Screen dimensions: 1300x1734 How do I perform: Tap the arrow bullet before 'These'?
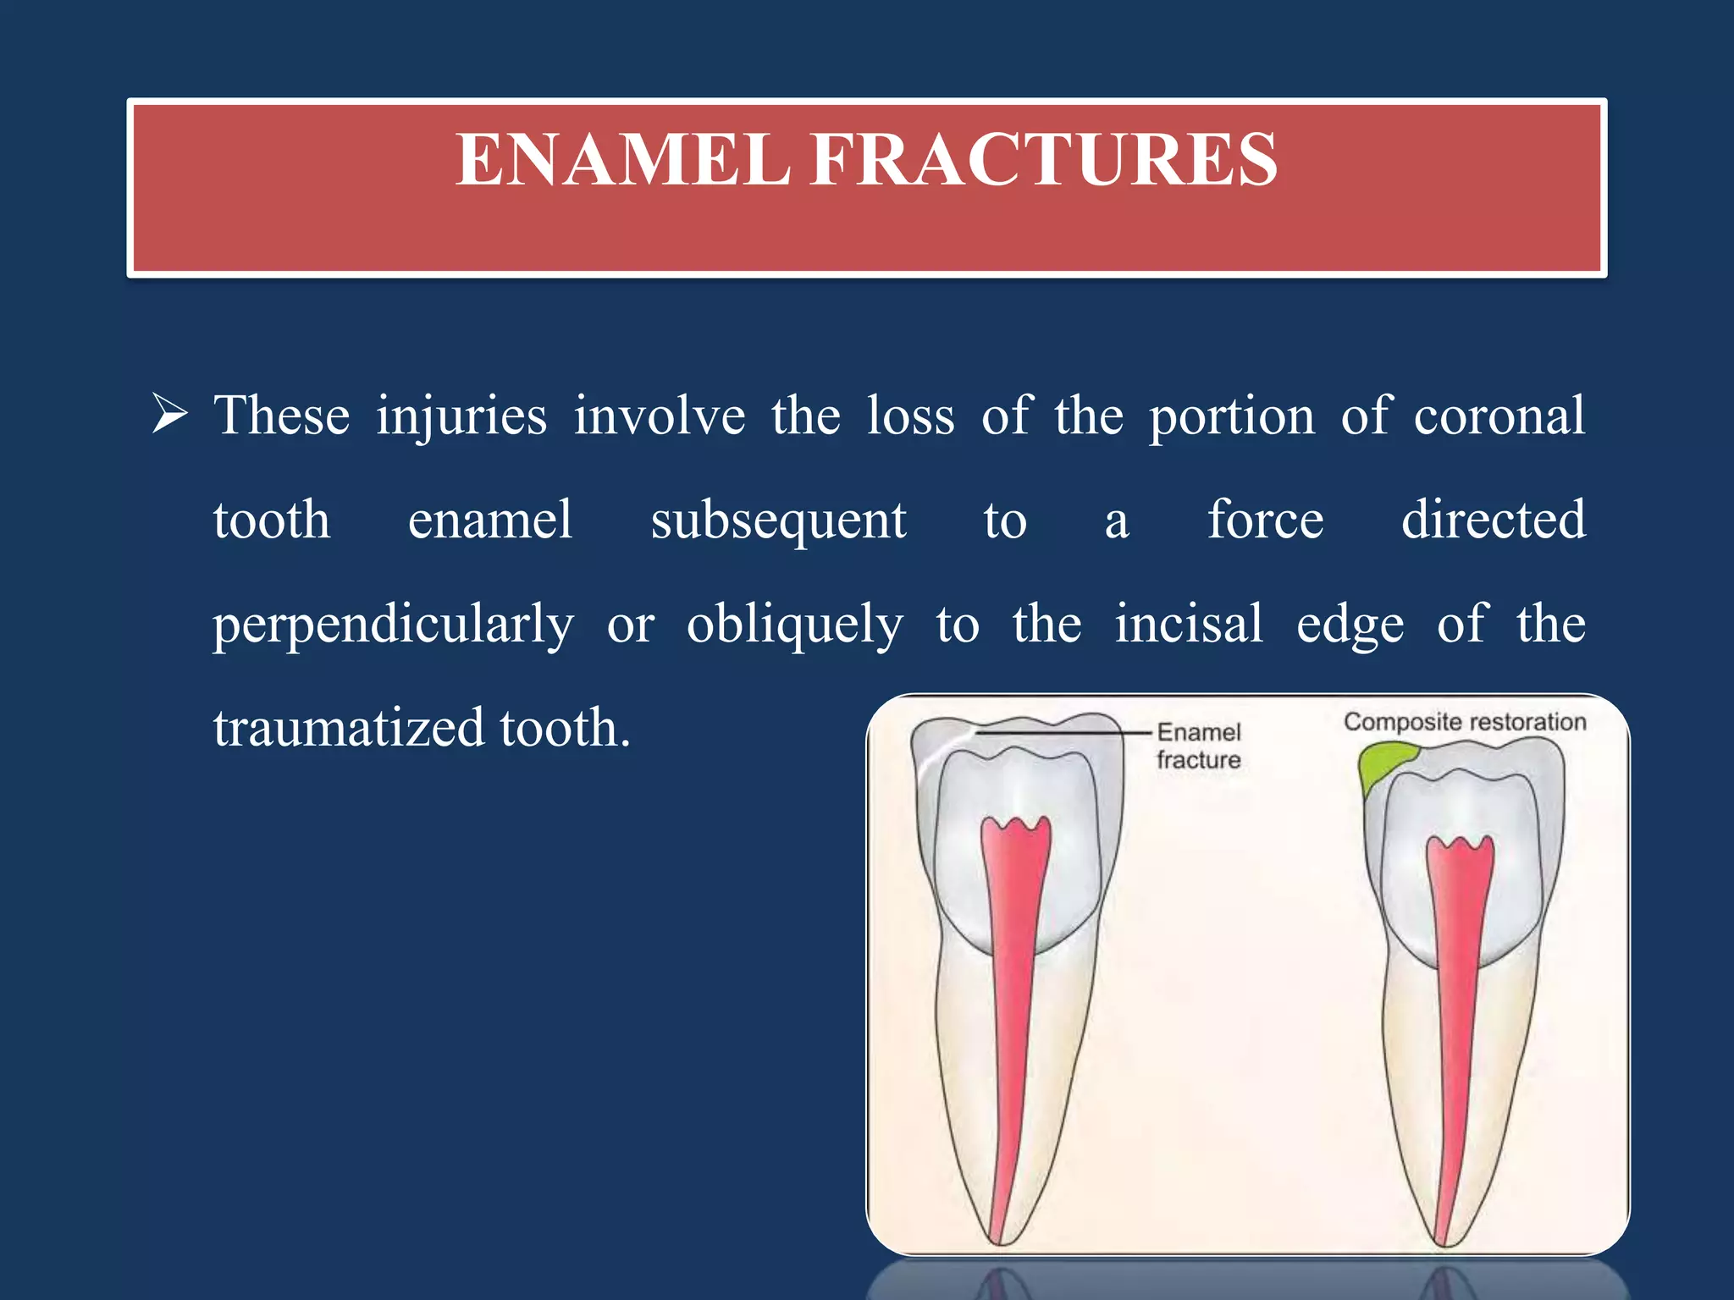(169, 415)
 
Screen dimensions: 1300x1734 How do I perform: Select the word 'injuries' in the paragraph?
(461, 416)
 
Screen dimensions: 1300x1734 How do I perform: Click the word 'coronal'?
(1499, 416)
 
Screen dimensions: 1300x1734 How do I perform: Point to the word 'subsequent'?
(777, 521)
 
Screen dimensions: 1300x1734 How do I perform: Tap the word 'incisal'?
(1188, 624)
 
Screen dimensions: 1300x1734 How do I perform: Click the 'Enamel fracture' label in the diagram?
(1198, 746)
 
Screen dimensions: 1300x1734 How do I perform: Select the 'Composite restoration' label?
(1464, 722)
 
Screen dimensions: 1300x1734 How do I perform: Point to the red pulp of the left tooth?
(1013, 973)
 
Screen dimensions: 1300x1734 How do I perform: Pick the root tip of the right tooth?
(1444, 1241)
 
